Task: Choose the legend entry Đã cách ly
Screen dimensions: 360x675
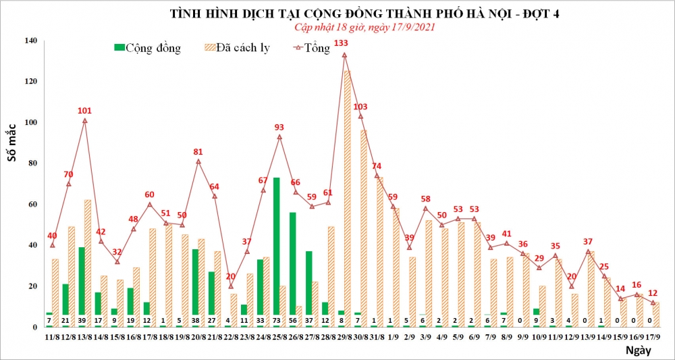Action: pyautogui.click(x=236, y=48)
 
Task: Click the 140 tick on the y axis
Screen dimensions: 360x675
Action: pyautogui.click(x=31, y=41)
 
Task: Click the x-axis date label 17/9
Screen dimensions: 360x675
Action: pyautogui.click(x=653, y=336)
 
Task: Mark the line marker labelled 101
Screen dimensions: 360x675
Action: pyautogui.click(x=84, y=121)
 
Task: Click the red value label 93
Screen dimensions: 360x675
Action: pyautogui.click(x=279, y=127)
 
